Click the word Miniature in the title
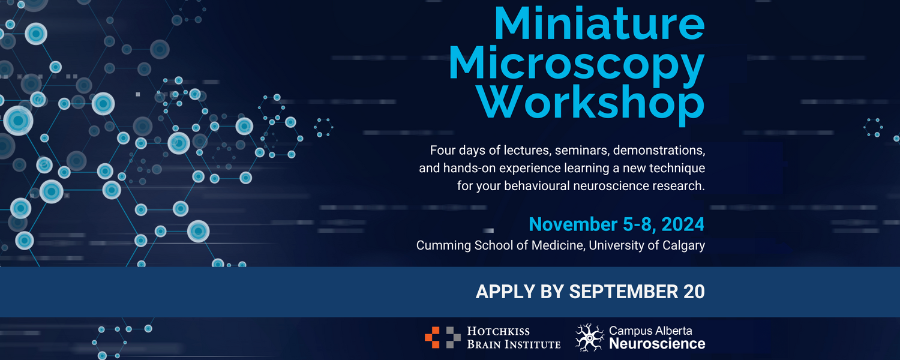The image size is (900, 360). (599, 24)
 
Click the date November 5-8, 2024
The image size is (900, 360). (616, 225)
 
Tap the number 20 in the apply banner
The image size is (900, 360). (694, 292)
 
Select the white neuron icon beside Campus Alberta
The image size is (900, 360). (590, 337)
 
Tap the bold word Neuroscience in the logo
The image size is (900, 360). (657, 344)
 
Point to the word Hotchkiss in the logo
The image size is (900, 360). (498, 331)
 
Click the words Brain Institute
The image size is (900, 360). (514, 344)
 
